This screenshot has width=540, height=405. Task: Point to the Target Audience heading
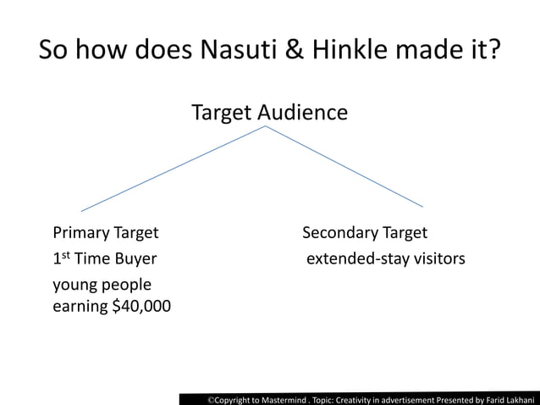[x=269, y=112]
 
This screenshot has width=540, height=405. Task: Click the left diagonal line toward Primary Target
[x=174, y=169]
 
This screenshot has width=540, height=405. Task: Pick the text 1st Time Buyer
[x=104, y=258]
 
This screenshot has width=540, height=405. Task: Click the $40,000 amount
[x=141, y=306]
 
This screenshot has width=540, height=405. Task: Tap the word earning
[x=80, y=306]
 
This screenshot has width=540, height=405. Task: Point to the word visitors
[x=438, y=258]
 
